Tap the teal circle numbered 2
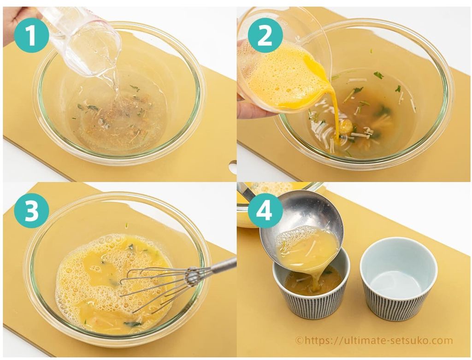[265, 36]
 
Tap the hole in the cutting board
[232, 167]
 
